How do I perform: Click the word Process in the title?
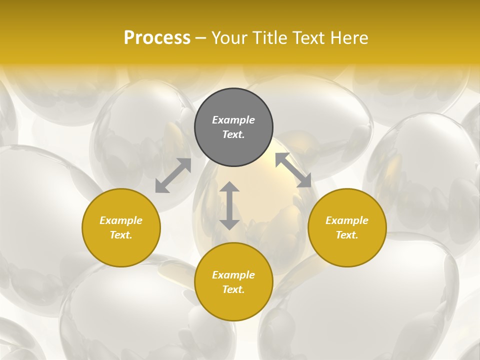click(x=157, y=38)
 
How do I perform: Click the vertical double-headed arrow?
click(x=229, y=205)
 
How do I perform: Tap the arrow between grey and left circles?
click(x=173, y=175)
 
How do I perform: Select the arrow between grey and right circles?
click(x=293, y=170)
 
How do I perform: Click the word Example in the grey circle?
click(x=233, y=120)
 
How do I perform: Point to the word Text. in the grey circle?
click(x=233, y=134)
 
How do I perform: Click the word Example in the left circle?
click(x=121, y=220)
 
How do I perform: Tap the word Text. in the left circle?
click(x=121, y=235)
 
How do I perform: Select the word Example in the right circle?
click(x=347, y=220)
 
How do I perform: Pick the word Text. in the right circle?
click(x=347, y=235)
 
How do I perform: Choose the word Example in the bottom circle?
click(x=233, y=275)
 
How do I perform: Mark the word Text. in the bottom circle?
click(x=233, y=289)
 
